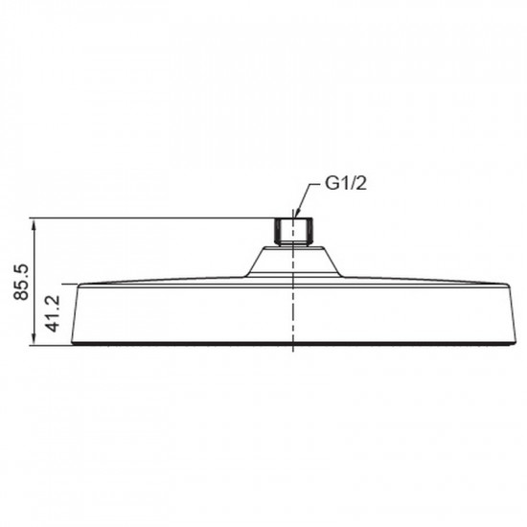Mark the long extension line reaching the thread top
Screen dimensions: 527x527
click(x=153, y=218)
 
